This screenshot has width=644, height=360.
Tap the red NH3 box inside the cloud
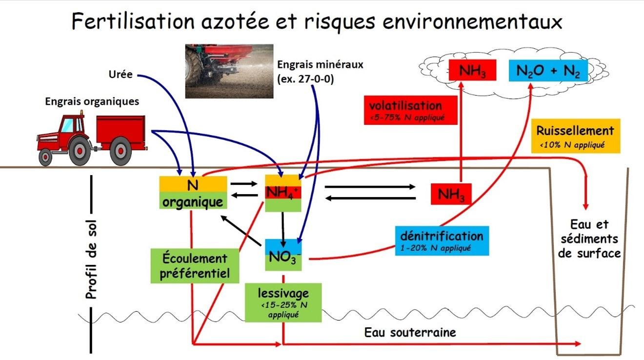472,71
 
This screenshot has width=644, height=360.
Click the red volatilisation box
410,110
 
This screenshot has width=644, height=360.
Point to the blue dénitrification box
442,240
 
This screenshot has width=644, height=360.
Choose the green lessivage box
283,302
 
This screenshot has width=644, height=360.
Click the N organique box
193,193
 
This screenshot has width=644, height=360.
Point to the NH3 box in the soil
451,194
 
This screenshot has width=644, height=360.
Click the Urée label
120,75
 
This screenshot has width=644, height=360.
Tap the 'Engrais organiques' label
92,101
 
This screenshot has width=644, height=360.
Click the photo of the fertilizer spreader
229,71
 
